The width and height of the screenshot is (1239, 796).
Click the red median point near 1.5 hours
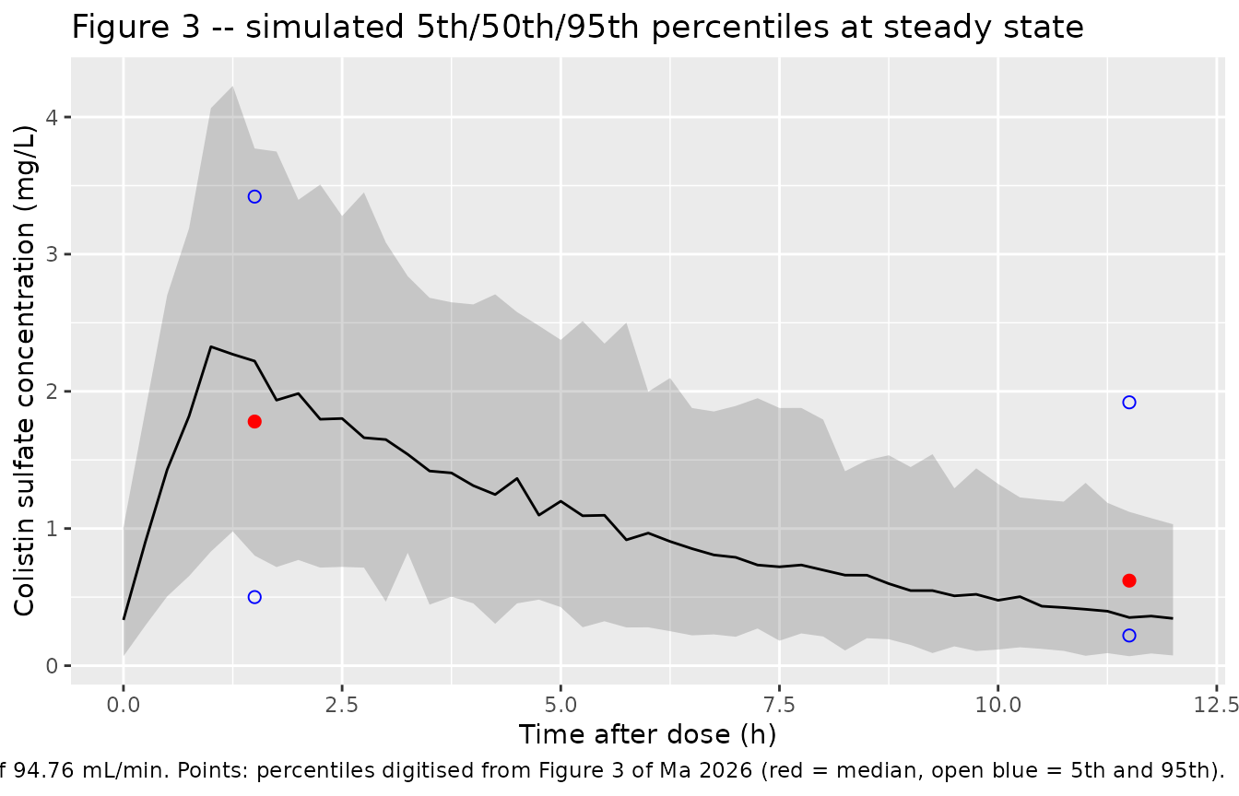254,422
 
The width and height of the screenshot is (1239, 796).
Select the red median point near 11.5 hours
1129,580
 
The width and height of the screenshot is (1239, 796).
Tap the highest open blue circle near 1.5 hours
254,197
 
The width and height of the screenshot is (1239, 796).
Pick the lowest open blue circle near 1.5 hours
254,597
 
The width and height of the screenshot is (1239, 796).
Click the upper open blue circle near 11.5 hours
1129,403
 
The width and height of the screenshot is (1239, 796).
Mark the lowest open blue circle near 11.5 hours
1129,636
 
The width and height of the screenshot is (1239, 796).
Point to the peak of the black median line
211,346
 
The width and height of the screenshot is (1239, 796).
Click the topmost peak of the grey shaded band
233,87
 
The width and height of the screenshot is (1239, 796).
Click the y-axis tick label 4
52,117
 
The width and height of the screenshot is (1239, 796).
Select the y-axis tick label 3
52,254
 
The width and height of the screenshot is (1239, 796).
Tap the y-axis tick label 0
52,666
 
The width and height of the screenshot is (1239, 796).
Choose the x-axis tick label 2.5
342,706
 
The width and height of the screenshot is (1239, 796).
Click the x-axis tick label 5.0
560,706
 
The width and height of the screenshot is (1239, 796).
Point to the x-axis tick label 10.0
997,706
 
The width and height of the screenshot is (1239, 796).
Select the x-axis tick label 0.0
124,706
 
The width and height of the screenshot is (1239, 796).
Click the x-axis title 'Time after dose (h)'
648,735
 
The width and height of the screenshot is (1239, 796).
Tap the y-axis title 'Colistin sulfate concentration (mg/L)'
24,370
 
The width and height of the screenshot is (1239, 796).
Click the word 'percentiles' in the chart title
740,28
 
